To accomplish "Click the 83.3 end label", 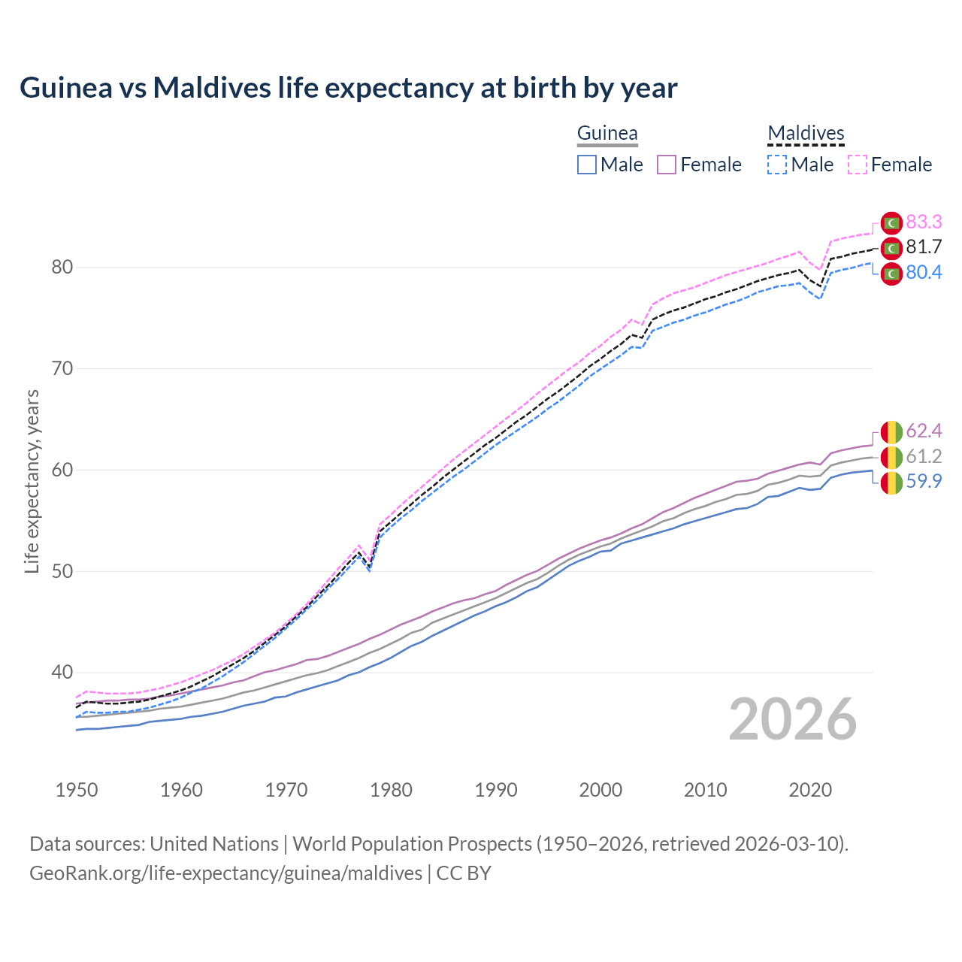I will click(924, 222).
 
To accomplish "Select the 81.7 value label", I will click(924, 247).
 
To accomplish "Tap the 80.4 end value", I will click(924, 272).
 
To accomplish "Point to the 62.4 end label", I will click(924, 431).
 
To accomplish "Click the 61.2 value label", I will click(924, 456).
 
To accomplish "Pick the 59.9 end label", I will click(924, 481).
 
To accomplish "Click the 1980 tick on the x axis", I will click(392, 790).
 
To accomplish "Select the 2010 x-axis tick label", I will click(706, 790).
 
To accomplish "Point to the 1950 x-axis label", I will click(77, 790).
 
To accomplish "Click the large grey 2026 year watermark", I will click(793, 720).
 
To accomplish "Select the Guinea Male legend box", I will click(587, 165).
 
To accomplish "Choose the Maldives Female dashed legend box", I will click(858, 165).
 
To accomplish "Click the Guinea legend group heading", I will click(607, 133).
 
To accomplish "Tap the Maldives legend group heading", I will click(806, 133).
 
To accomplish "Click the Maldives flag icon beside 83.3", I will click(891, 222).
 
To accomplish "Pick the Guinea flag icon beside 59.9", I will click(891, 482).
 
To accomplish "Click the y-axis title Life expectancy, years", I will click(32, 481).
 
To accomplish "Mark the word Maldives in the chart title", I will click(212, 88).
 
